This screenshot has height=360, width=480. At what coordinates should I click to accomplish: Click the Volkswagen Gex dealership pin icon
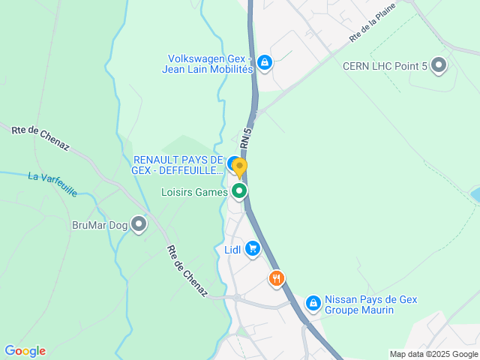point(264,62)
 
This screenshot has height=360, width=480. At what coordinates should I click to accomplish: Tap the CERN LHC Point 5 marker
point(439,67)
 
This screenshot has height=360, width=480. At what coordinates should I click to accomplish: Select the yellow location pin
point(239,166)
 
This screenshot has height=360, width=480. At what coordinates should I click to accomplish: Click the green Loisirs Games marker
point(239,191)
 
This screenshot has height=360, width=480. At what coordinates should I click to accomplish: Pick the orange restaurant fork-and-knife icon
point(277,279)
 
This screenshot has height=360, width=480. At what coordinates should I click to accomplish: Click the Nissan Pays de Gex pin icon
point(313,304)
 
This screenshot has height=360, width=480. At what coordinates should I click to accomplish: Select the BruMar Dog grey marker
point(139,223)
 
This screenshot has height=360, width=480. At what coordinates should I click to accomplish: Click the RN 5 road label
point(246,136)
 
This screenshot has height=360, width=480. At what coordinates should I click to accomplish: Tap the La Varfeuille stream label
point(52,184)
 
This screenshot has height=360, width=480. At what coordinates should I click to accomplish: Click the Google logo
point(25,351)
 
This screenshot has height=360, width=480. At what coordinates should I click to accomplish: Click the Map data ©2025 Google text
point(433,354)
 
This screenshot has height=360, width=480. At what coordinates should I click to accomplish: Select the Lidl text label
point(232,250)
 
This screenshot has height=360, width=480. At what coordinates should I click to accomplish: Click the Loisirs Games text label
point(194,192)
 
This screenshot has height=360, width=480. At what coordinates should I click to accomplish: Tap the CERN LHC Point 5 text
point(384,67)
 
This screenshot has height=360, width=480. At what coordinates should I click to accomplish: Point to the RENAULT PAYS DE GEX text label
point(178,165)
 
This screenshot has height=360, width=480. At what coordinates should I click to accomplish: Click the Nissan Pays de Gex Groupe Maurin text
point(370,304)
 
